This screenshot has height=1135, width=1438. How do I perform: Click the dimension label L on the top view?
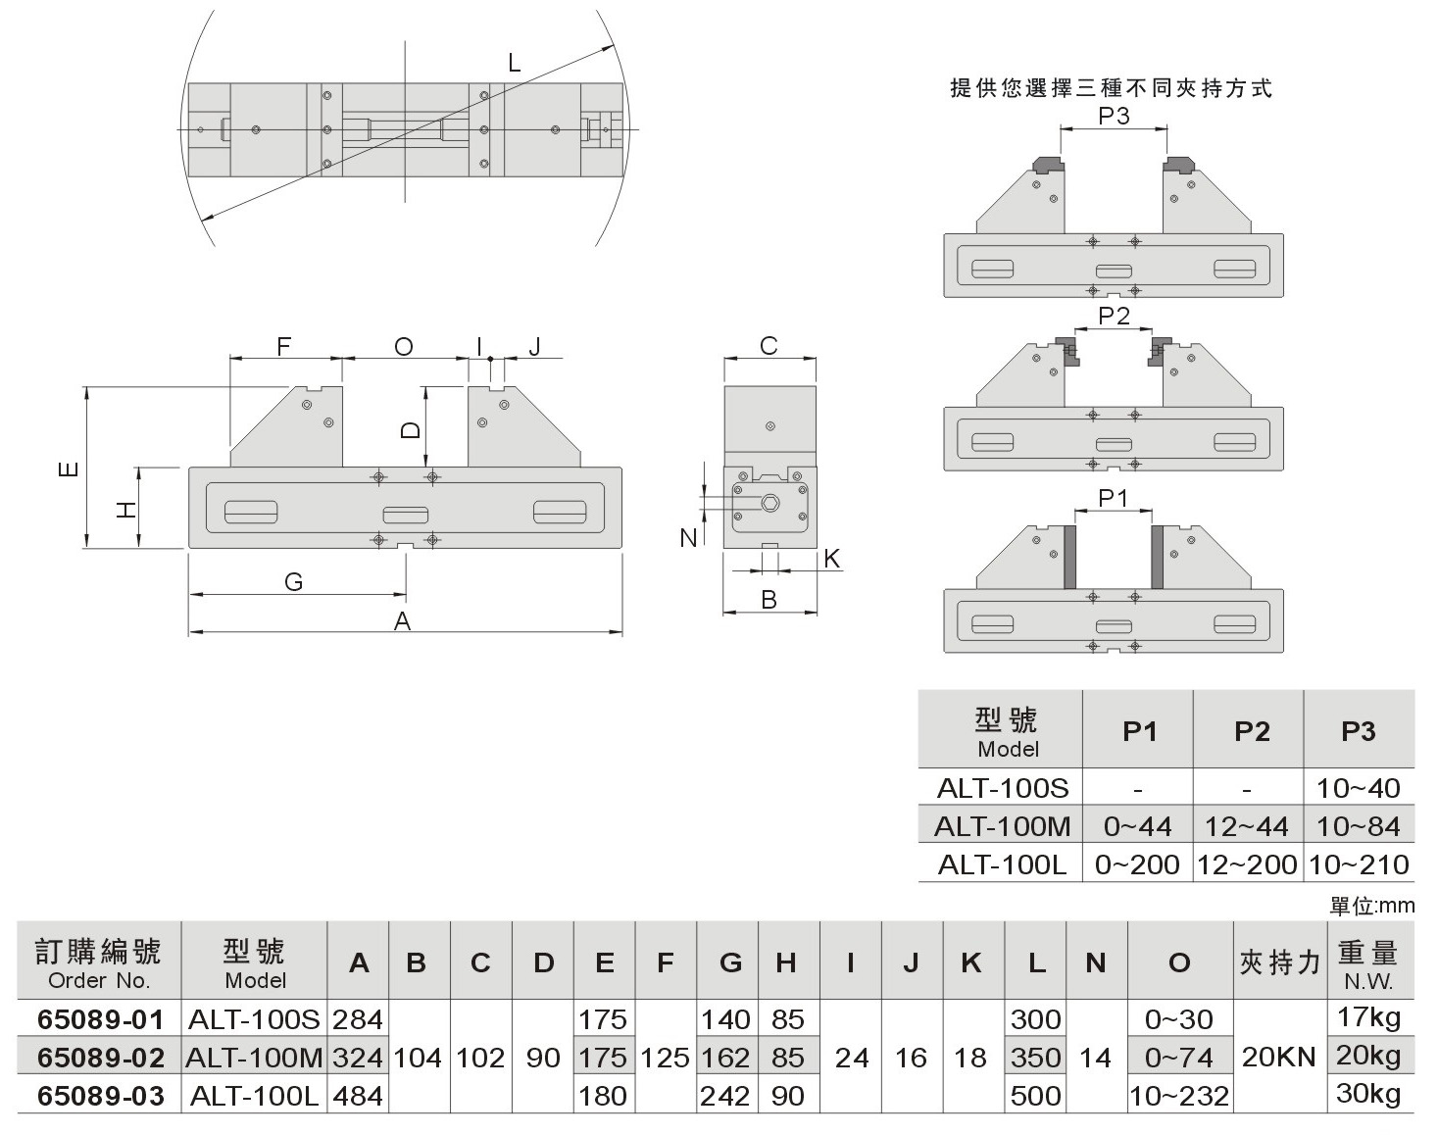pyautogui.click(x=514, y=65)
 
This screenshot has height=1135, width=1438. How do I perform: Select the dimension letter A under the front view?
pyautogui.click(x=402, y=621)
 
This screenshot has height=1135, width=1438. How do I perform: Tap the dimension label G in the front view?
pyautogui.click(x=293, y=582)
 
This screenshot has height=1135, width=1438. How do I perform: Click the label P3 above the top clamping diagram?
pyautogui.click(x=1114, y=116)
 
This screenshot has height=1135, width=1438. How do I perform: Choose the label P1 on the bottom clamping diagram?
pyautogui.click(x=1113, y=498)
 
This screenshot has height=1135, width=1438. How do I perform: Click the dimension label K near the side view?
pyautogui.click(x=832, y=559)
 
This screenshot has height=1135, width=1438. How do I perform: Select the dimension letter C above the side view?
pyautogui.click(x=769, y=346)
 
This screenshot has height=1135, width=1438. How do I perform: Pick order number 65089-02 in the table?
pyautogui.click(x=100, y=1058)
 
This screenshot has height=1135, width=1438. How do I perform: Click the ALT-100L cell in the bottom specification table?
pyautogui.click(x=254, y=1096)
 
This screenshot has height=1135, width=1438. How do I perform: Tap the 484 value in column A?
pyautogui.click(x=357, y=1096)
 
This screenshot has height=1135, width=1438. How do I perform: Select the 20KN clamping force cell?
pyautogui.click(x=1278, y=1058)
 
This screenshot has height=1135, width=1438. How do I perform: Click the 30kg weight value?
pyautogui.click(x=1368, y=1094)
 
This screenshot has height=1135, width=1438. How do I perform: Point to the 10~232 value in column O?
pyautogui.click(x=1179, y=1096)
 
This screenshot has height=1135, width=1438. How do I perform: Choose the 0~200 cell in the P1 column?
pyautogui.click(x=1137, y=864)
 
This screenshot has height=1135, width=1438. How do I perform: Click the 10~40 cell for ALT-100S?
pyautogui.click(x=1359, y=788)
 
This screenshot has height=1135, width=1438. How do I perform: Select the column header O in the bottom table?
pyautogui.click(x=1179, y=962)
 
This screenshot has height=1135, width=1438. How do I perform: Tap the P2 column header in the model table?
pyautogui.click(x=1252, y=731)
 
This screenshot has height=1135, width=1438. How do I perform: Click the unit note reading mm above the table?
pyautogui.click(x=1371, y=907)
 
